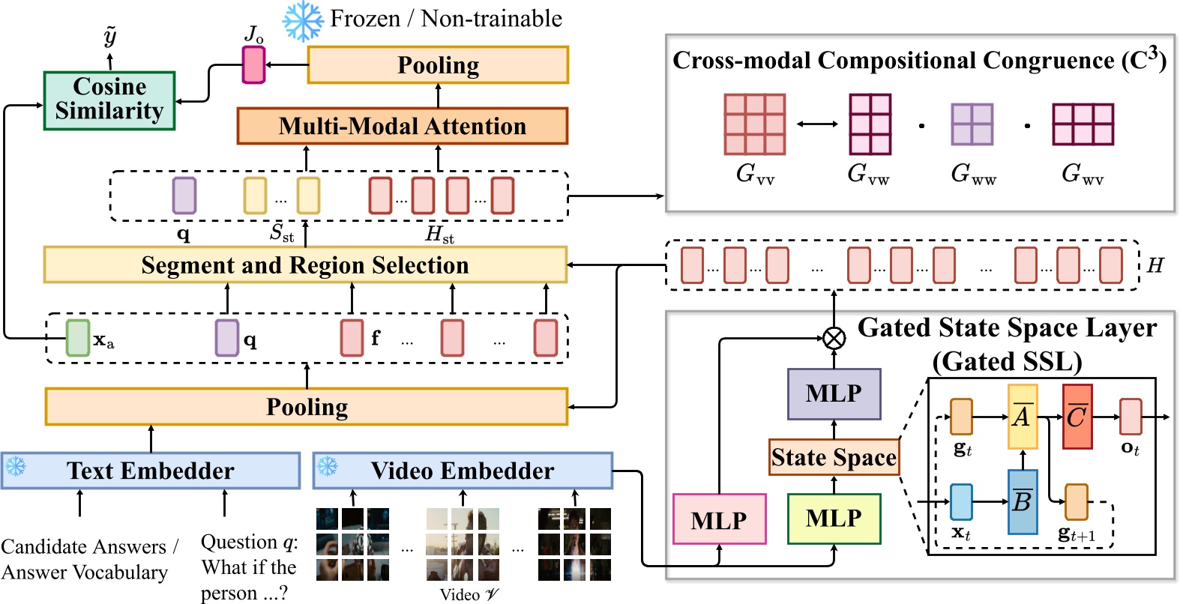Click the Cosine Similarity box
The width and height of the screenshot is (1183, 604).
(109, 100)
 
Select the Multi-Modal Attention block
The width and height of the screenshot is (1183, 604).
(402, 126)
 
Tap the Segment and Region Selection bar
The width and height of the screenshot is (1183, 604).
(305, 265)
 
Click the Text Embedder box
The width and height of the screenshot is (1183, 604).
(151, 471)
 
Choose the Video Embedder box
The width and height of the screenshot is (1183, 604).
(463, 471)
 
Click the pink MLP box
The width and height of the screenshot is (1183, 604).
(719, 519)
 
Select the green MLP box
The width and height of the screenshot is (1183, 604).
(834, 518)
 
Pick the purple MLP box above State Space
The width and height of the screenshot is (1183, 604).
(834, 393)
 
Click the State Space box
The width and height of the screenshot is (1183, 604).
(834, 457)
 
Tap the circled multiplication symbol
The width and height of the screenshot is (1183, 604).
(834, 339)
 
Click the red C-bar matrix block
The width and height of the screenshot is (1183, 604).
(1077, 417)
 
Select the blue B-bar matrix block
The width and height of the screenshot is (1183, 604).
(1023, 501)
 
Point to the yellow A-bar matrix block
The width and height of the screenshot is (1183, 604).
(1023, 417)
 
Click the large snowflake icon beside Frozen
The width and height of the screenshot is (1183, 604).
(303, 21)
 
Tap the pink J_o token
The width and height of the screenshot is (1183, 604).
(253, 64)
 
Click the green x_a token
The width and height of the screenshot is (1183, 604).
(78, 338)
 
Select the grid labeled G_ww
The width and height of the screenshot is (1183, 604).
(972, 124)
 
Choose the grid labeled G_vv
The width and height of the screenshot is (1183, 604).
(754, 124)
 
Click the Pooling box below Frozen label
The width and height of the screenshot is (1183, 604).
(438, 65)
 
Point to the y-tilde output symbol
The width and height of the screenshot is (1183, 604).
(110, 36)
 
